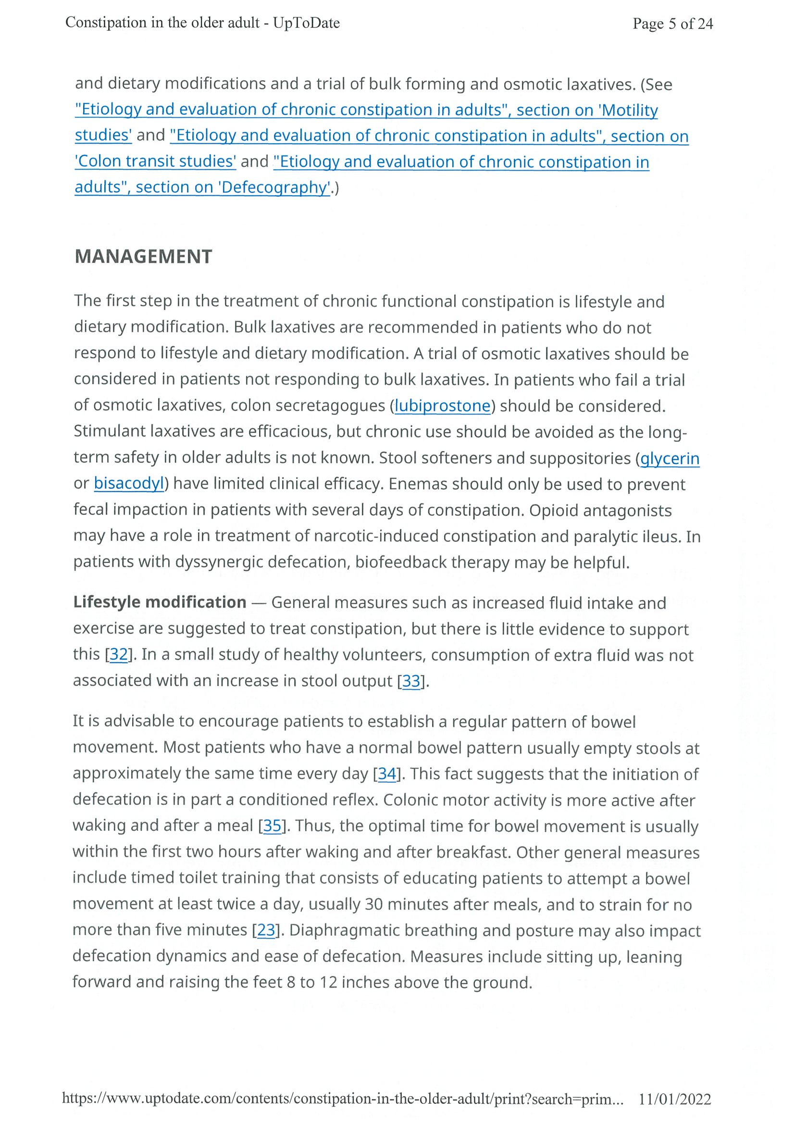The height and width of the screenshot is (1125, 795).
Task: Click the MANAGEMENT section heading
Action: coord(143,257)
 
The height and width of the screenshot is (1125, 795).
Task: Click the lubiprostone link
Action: coord(442,406)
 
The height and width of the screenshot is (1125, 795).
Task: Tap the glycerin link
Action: coord(670,458)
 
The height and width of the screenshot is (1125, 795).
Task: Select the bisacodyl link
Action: coord(128,484)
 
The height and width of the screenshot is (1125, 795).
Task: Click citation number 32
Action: coord(119,654)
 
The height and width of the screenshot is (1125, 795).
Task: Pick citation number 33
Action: coord(411,681)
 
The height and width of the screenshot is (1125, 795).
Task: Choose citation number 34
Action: coord(387,774)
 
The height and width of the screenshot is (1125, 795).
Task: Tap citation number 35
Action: coord(273,825)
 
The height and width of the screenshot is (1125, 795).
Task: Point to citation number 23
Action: coord(266,929)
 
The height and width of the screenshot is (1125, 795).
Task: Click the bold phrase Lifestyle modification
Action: coord(160,602)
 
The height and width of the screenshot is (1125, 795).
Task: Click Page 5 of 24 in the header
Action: coord(672,24)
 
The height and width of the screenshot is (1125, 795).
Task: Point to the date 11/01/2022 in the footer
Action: coord(674,1100)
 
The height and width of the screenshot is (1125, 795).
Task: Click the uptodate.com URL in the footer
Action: coord(342,1100)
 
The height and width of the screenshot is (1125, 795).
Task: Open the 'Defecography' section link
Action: coord(202,187)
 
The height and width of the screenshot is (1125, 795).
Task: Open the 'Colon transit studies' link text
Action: coord(155,161)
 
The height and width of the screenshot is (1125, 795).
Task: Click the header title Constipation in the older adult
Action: coord(202,23)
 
